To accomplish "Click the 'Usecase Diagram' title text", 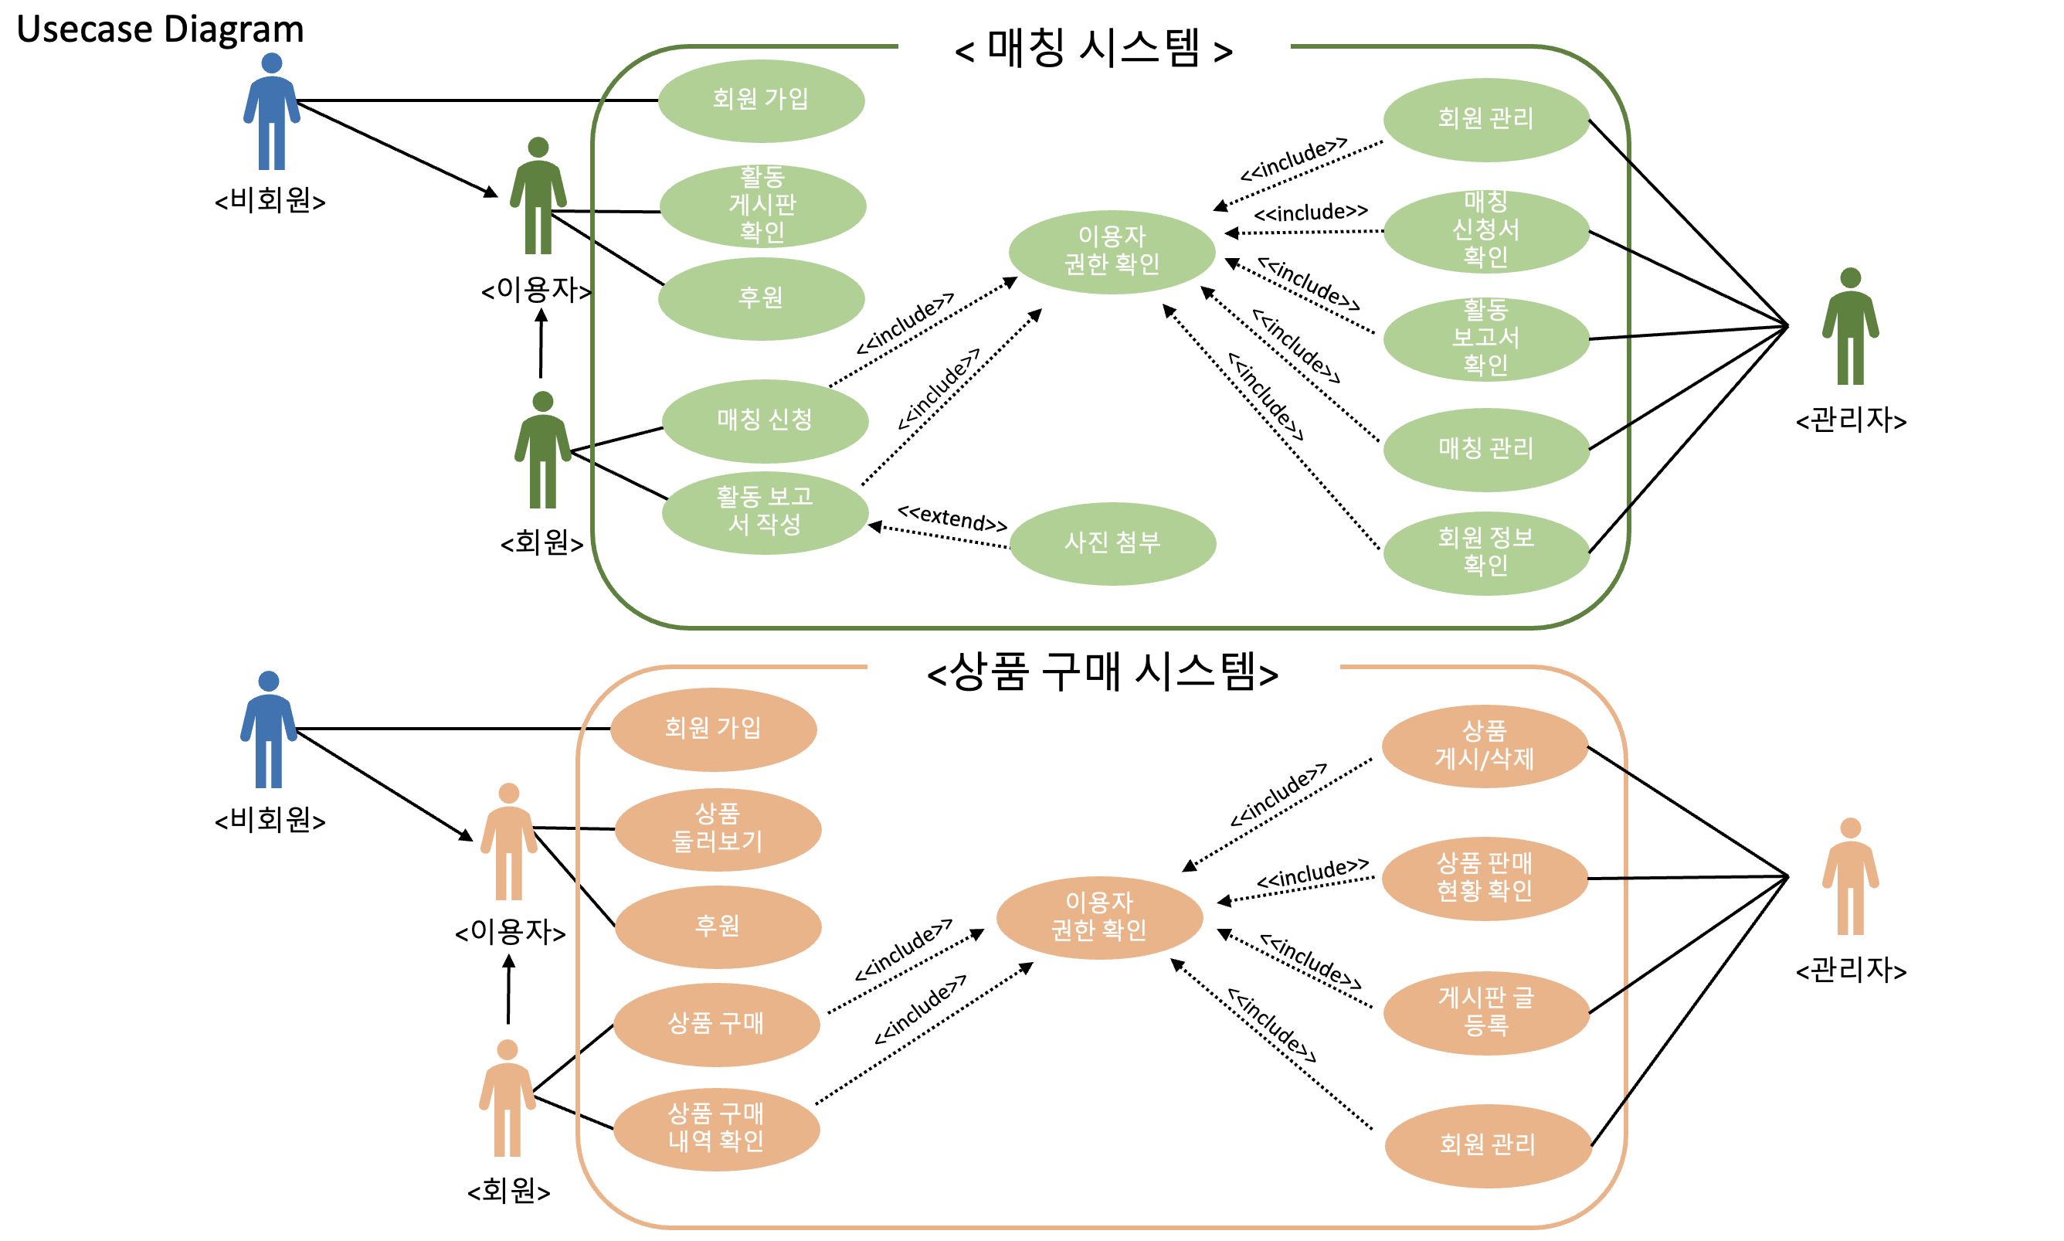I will [159, 29].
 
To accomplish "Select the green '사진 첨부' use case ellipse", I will [1111, 542].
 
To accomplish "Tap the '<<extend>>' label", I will [952, 518].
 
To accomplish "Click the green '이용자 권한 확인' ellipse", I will [1111, 251].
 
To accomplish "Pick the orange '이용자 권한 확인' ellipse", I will [1098, 916].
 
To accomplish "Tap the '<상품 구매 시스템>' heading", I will [1102, 671].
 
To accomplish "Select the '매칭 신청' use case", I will [764, 420].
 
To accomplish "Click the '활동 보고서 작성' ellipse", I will [764, 511].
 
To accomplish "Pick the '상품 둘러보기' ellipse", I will [718, 828].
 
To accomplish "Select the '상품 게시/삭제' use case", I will [1484, 745].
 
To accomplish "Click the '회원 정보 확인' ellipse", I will [1485, 552].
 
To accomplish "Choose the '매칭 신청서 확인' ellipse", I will [1485, 230].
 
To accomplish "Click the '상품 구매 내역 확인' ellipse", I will [715, 1127].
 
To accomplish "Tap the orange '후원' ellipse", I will [718, 926].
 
